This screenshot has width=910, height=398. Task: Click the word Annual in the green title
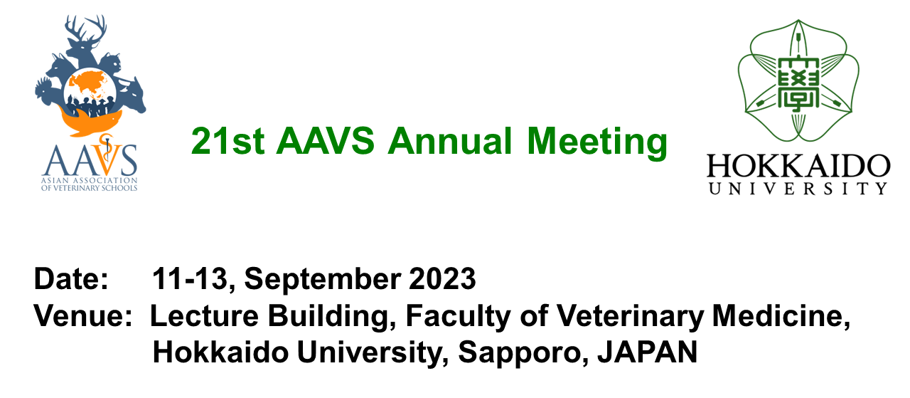click(x=450, y=141)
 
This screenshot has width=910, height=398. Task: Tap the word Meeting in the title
click(x=597, y=142)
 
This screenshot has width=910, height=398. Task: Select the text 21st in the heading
click(x=228, y=141)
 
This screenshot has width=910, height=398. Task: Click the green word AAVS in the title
click(x=325, y=141)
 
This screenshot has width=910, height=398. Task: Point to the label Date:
click(x=72, y=279)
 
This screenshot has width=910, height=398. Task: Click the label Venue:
click(x=83, y=316)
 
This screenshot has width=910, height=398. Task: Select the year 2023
click(x=442, y=279)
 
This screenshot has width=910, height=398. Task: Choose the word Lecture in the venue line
click(x=204, y=316)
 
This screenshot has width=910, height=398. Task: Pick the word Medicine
click(x=781, y=317)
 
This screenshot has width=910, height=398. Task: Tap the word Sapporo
click(x=523, y=355)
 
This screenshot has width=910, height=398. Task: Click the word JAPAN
click(x=648, y=352)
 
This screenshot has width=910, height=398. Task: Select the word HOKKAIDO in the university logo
click(x=798, y=166)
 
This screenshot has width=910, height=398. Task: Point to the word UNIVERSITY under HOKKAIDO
click(x=798, y=189)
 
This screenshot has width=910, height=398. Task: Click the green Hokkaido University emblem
click(x=798, y=80)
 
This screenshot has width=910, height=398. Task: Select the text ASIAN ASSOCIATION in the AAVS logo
click(x=90, y=180)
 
